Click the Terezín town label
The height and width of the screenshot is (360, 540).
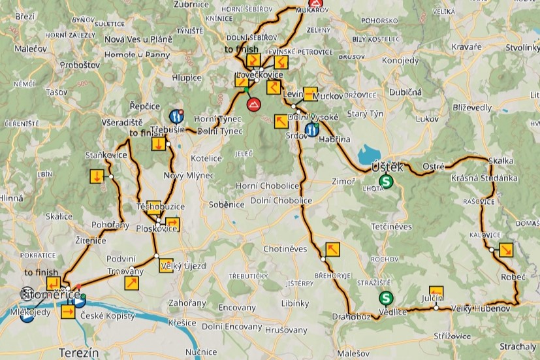[78, 353]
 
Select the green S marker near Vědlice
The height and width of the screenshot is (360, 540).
[386, 298]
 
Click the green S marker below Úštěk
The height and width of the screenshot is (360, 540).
[387, 182]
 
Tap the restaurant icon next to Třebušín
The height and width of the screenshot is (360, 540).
[176, 116]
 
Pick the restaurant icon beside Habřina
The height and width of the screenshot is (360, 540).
[312, 129]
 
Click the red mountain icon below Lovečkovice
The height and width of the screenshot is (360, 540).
[253, 105]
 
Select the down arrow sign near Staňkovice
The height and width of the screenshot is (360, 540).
[96, 176]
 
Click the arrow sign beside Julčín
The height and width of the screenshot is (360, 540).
[436, 293]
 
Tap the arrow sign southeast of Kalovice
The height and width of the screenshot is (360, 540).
[505, 250]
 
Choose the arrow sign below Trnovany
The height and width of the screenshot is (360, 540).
[131, 283]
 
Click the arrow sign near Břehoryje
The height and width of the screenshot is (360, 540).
[332, 249]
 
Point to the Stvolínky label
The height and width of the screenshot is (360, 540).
[522, 48]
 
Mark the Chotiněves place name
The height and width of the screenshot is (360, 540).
[285, 249]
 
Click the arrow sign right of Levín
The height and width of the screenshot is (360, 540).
[311, 93]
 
